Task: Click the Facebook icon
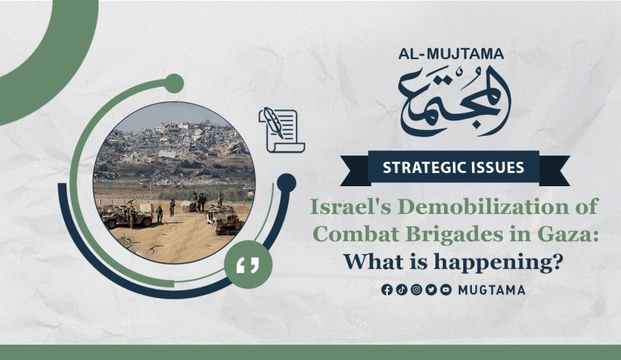387,290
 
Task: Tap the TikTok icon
402,290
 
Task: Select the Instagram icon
416,290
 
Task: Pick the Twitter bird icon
431,290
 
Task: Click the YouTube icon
446,290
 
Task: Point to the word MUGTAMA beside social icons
492,290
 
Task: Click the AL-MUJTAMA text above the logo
451,54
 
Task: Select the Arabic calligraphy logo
454,101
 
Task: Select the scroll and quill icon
281,130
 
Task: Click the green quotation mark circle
248,264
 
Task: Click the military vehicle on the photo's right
223,219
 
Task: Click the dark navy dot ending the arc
286,183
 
